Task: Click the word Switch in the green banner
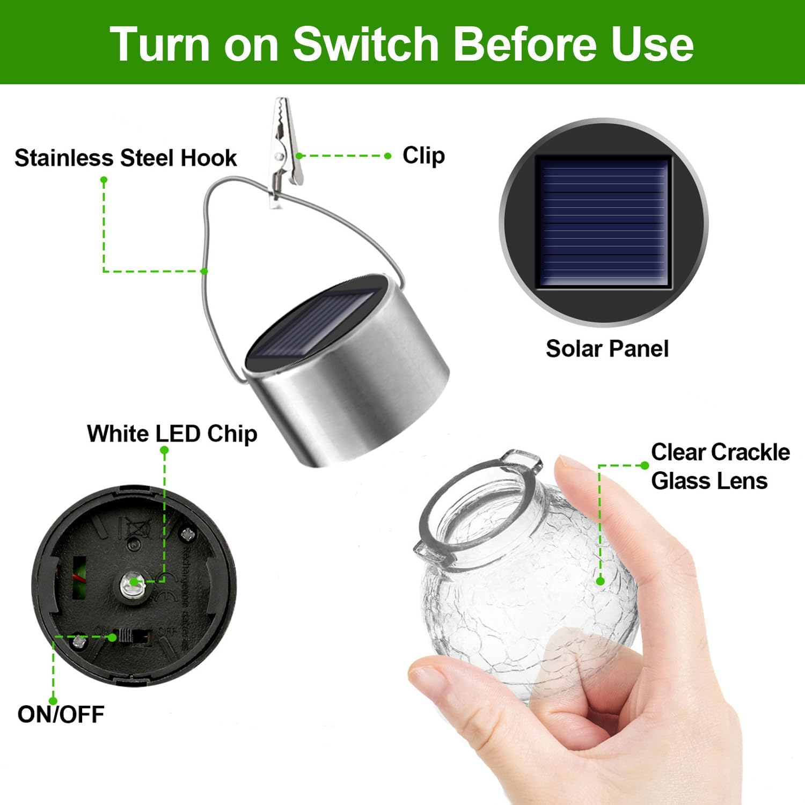(x=366, y=44)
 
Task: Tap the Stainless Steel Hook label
(x=126, y=158)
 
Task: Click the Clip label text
(x=423, y=156)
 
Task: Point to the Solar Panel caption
(x=607, y=349)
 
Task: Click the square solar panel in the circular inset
(x=604, y=223)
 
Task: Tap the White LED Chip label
(x=172, y=434)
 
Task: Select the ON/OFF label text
(x=61, y=714)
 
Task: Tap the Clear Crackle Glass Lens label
(x=719, y=466)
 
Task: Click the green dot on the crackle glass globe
(x=601, y=581)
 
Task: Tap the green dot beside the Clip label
(x=388, y=156)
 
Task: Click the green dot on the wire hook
(x=204, y=271)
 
